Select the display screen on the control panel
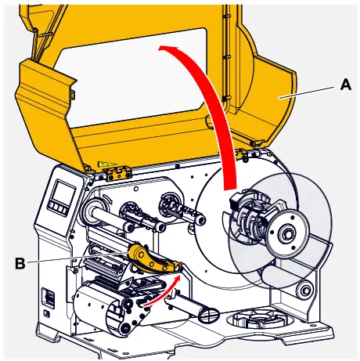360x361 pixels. point(61,192)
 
